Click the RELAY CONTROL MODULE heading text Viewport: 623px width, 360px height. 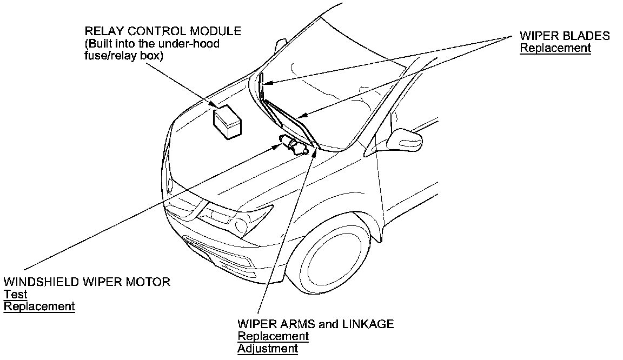(163, 31)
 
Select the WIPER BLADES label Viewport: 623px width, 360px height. (565, 36)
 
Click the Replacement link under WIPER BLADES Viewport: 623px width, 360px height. (555, 48)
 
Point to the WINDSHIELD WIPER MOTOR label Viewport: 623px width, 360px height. (87, 282)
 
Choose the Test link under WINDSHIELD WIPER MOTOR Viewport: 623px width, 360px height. (16, 294)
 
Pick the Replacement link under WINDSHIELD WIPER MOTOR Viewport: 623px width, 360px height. (39, 306)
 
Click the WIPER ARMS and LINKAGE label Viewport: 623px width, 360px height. (315, 324)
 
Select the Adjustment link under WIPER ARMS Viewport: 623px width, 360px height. (267, 349)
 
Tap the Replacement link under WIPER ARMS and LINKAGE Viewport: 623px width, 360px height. (273, 336)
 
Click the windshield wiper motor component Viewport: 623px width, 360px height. (295, 146)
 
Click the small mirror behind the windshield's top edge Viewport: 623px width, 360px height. (281, 44)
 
